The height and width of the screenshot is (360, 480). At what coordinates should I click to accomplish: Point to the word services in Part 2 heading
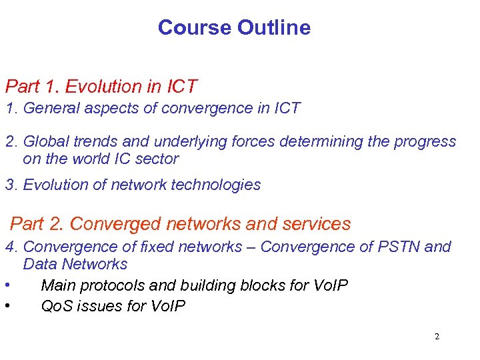point(318,224)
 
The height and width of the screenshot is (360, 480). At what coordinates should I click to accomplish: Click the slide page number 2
point(437,337)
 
